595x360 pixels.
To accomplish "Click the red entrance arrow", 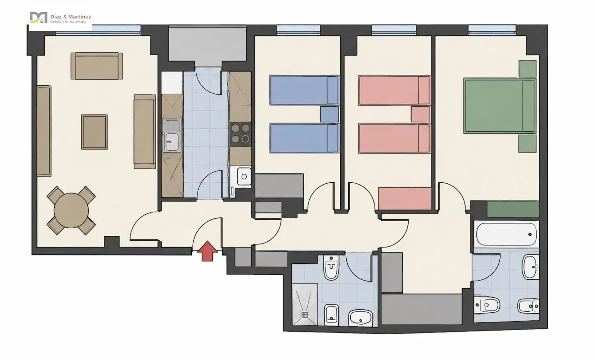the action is pos(207,251).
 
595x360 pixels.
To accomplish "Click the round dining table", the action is pos(71,210).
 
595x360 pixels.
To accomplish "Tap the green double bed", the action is pos(500,106).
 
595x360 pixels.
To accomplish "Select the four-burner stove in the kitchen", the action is pos(240,134).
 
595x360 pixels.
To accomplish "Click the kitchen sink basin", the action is pos(171,142).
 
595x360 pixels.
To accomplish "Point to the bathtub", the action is pos(506,234).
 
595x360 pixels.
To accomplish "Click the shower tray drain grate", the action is pos(305,315).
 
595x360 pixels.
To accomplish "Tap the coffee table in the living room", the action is pos(94,132).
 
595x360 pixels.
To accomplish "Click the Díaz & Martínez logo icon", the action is pos(38,17).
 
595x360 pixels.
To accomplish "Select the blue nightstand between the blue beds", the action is pos(329,114).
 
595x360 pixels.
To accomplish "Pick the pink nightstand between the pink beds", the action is pos(421,114).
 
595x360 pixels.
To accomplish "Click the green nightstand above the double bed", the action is pos(528,69).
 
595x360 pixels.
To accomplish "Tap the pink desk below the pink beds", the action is pos(405,199).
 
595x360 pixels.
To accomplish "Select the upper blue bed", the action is pos(305,90).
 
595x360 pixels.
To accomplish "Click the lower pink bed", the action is pos(394,138).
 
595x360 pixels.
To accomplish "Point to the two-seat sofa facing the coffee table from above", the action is pos(97,66).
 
